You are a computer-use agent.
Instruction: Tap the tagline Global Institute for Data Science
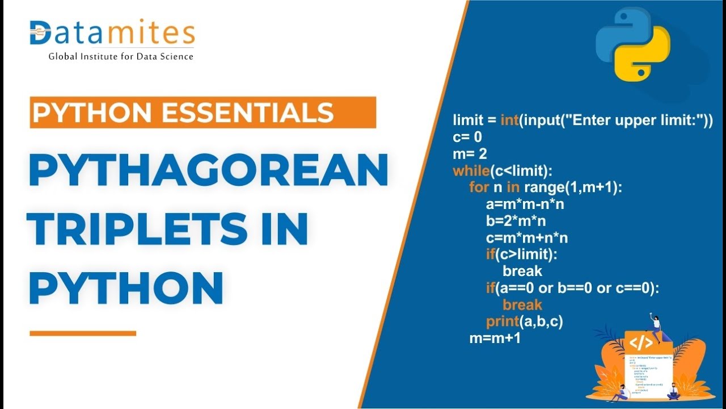pos(121,57)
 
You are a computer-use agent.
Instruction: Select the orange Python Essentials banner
pos(202,112)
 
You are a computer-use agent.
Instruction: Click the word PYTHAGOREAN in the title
pos(208,171)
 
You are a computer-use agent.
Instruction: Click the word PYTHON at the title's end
pos(125,288)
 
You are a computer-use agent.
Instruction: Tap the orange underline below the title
pos(83,333)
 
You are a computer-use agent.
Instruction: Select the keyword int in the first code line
pos(509,120)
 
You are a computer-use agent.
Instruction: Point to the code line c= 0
pos(467,137)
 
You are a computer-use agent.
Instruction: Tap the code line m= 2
pos(470,154)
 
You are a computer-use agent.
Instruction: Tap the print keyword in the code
pos(503,322)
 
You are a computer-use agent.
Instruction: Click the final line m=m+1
pos(495,338)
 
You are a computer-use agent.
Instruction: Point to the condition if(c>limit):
pos(522,254)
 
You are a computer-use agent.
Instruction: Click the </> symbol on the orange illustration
pos(641,343)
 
